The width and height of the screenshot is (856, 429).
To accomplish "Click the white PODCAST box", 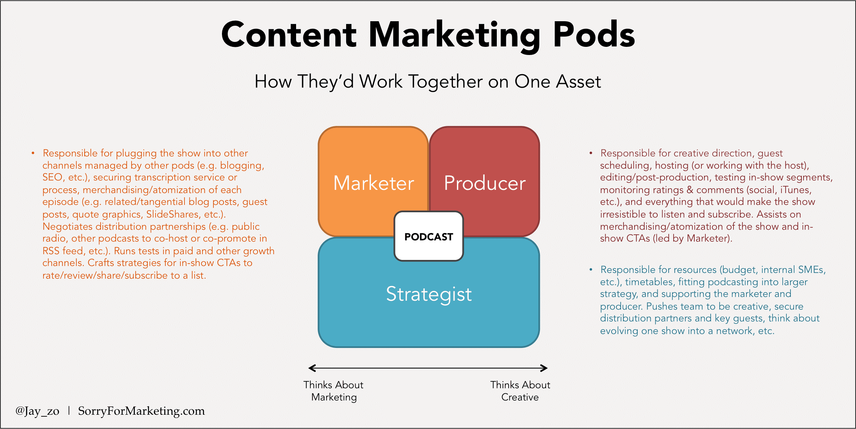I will tap(428, 236).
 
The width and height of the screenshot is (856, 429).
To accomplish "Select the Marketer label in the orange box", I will tap(373, 183).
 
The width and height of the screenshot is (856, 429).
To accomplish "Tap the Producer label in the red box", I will tap(485, 183).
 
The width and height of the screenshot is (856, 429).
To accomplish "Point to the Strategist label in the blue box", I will tap(429, 294).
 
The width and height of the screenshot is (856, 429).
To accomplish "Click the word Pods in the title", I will tap(594, 35).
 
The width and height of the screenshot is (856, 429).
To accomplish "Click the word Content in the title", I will tap(289, 35).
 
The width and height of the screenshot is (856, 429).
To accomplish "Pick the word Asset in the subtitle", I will tap(578, 81).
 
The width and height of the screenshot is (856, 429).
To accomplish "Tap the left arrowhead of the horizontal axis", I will tap(311, 368).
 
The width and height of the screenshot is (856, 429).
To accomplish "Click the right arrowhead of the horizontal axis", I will tap(545, 368).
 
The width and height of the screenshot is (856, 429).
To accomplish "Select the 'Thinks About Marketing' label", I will tap(334, 391).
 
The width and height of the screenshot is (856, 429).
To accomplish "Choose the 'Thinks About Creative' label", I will tap(520, 391).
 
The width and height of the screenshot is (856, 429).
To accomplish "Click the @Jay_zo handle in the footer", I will tap(37, 411).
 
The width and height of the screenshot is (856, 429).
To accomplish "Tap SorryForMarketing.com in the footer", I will tap(141, 411).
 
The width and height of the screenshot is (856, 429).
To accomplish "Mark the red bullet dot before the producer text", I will tap(591, 153).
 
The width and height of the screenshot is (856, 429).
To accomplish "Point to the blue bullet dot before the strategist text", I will tap(591, 270).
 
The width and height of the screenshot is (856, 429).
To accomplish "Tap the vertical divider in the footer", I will tap(69, 411).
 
